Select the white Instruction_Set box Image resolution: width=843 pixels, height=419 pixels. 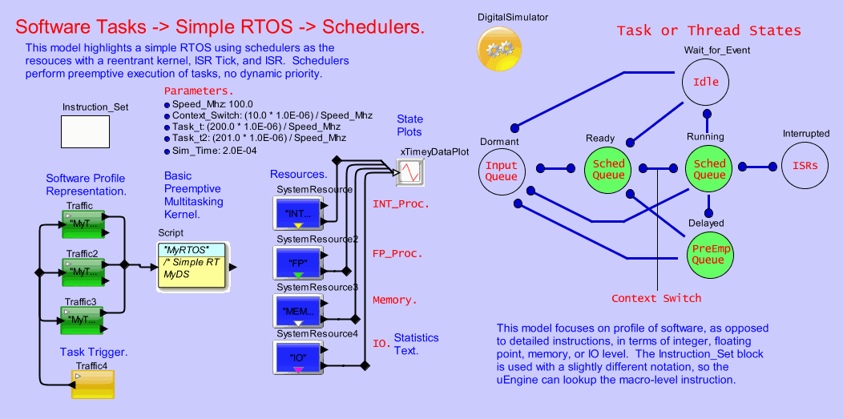86,131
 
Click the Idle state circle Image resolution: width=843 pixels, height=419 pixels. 706,83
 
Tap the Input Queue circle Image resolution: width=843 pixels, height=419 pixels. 502,168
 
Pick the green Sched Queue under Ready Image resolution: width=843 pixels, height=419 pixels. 608,168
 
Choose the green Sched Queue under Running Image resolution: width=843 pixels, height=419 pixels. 709,168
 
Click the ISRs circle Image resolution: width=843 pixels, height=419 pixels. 805,167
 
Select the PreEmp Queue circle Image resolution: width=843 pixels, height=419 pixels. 708,254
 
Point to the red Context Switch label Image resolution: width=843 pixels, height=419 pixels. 656,298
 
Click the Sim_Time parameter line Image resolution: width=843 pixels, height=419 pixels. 208,150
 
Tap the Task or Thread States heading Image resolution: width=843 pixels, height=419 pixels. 708,30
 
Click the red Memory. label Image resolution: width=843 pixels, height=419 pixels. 395,300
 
